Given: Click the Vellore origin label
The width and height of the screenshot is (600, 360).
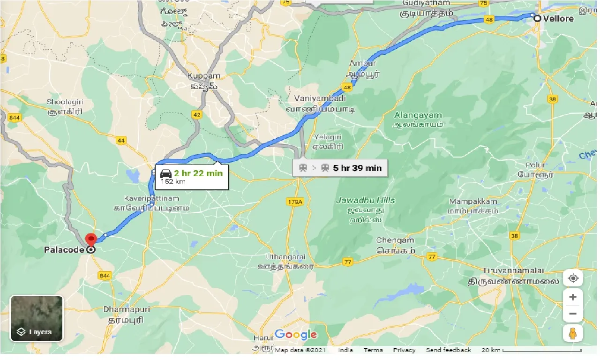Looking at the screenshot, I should (x=558, y=19).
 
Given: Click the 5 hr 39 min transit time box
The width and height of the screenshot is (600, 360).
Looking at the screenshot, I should (x=340, y=168).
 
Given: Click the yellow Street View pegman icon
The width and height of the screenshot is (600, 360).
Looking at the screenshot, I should (x=573, y=333).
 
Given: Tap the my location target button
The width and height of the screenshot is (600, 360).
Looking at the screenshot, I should (x=573, y=278).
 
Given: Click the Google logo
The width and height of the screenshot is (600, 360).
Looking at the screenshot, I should (x=296, y=335).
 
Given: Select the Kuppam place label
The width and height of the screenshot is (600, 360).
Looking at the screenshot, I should (x=203, y=76).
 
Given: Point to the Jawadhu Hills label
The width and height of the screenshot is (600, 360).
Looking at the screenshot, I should (x=366, y=200).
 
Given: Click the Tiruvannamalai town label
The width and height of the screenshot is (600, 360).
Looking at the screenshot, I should (x=514, y=271).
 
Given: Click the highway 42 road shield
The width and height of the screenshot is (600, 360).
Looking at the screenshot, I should (x=196, y=114).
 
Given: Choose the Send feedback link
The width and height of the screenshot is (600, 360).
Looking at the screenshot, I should (x=448, y=350).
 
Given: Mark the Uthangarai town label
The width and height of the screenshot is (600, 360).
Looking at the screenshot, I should (x=285, y=257).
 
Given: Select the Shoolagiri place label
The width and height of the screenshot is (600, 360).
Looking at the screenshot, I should (x=65, y=102).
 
